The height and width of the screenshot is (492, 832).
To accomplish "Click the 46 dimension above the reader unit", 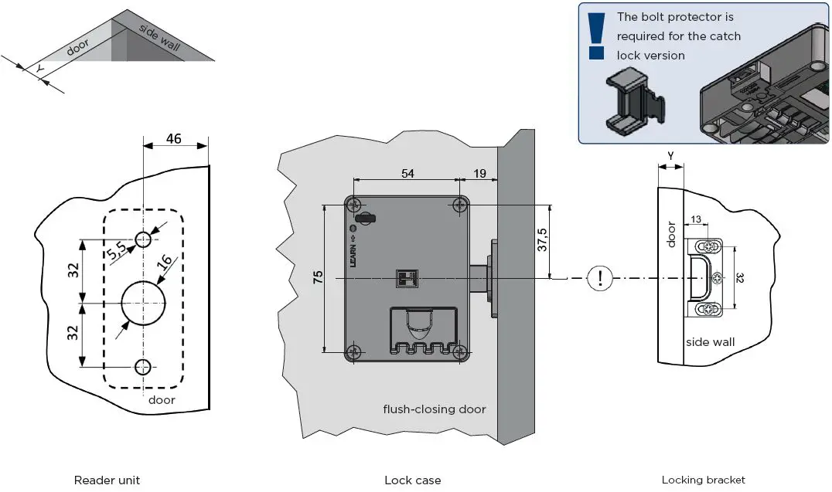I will tap(174, 139).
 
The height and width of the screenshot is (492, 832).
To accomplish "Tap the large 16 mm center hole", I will tap(143, 303).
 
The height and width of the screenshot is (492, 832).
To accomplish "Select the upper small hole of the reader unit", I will tap(143, 239).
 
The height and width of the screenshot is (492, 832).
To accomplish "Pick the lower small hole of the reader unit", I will tap(143, 367).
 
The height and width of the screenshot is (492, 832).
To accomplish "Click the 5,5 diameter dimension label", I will tap(117, 250).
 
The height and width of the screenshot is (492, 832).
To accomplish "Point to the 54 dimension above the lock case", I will tap(407, 173).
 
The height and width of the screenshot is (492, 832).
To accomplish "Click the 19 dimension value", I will tap(479, 173).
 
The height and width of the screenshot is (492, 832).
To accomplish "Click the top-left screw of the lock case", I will tap(353, 205).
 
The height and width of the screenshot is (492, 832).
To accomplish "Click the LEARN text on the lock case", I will tap(353, 251).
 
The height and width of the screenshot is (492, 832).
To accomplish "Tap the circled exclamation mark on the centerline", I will tap(600, 278).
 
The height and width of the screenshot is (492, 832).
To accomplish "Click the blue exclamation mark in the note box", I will tap(596, 36).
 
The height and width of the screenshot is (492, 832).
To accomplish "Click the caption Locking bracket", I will tap(703, 480).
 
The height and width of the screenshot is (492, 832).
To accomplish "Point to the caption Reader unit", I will tap(107, 480).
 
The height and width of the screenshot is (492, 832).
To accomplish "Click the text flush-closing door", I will tap(435, 409).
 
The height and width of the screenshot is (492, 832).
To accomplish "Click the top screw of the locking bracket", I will tap(709, 247).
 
